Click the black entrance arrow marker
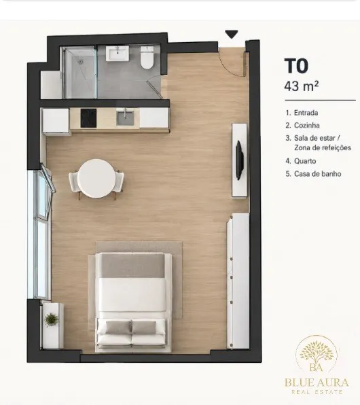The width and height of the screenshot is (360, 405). point(232,34)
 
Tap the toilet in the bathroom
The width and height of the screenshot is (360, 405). point(147,58)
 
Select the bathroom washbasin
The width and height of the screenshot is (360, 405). point(118,54)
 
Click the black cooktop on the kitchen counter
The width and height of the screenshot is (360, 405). point(88,118)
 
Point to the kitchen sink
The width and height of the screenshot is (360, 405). point(125,118)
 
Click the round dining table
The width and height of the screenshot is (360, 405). point(96,179)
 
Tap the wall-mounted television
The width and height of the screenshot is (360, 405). point(239,160)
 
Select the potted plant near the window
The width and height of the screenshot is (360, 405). point(52,320)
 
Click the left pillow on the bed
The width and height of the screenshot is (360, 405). point(118,327)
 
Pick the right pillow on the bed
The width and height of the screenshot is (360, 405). point(144,327)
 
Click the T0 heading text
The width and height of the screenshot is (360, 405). point(296,66)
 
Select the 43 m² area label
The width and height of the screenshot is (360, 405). point(302,86)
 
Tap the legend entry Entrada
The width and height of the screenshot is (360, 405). point(306,113)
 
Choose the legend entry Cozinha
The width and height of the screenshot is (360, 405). point(307,125)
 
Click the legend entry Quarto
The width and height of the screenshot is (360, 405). point(305,161)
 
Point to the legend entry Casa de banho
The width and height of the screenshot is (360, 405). point(318,174)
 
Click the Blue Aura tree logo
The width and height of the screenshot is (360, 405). point(317,353)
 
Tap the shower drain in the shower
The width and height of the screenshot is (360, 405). point(81,62)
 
